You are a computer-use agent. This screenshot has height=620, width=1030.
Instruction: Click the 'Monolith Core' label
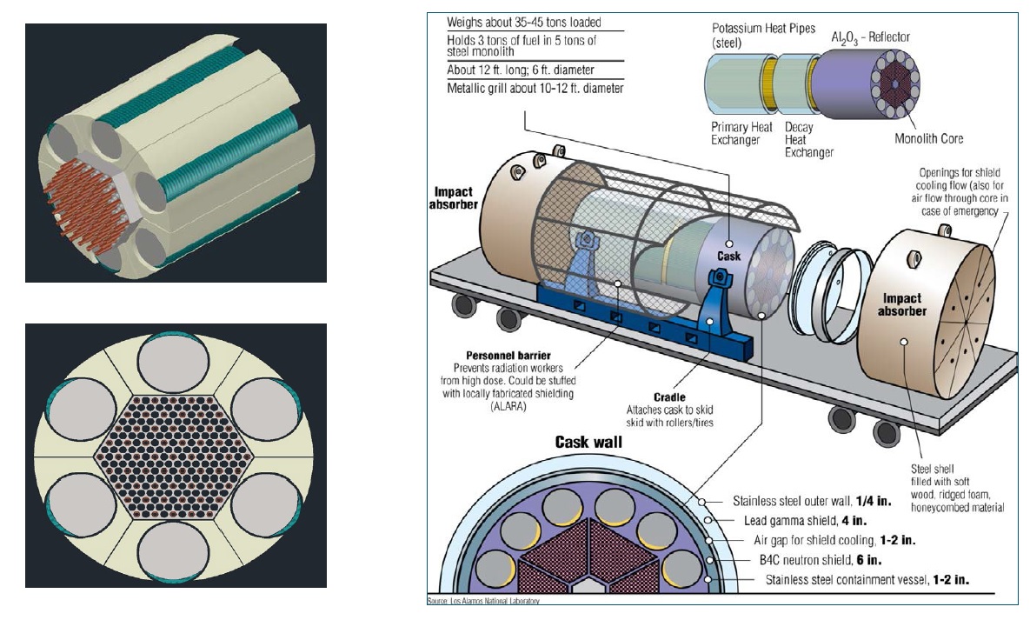(928, 138)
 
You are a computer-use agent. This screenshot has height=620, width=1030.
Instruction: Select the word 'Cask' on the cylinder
(728, 257)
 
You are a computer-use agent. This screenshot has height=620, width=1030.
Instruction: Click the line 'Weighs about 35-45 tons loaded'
(523, 22)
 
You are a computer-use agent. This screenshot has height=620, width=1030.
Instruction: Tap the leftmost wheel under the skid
(462, 303)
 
